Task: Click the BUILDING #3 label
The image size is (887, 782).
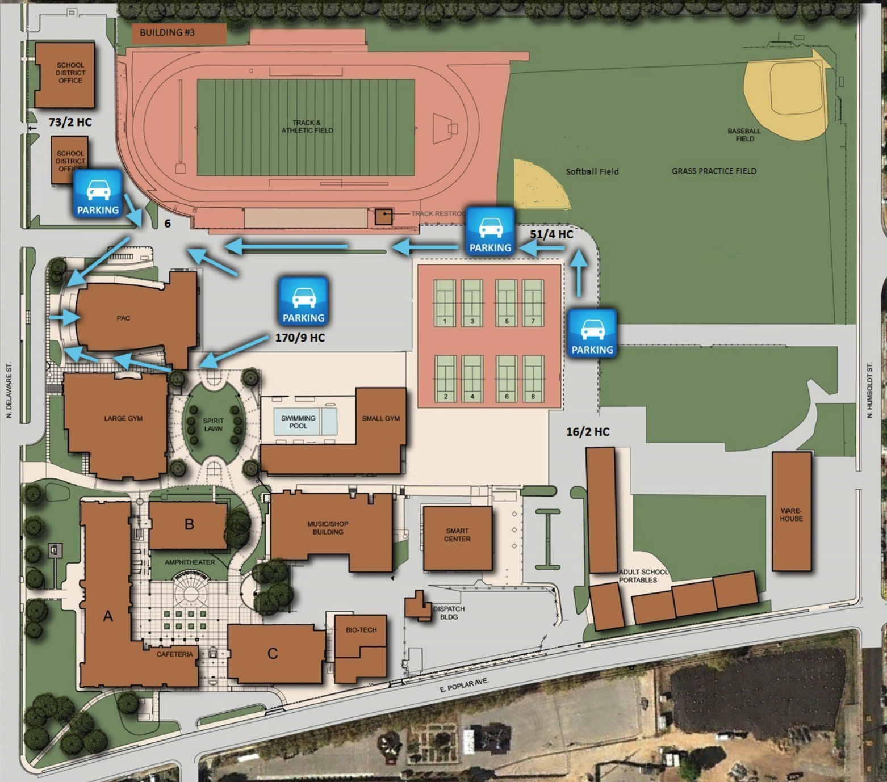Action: [x=167, y=32]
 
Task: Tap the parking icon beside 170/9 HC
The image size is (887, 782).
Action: [x=304, y=301]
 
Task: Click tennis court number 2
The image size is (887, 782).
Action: [x=446, y=377]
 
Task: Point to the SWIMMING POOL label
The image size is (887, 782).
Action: [x=298, y=422]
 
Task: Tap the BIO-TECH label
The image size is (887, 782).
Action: [x=361, y=630]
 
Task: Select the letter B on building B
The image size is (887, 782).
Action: [x=190, y=524]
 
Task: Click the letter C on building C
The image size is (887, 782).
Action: [x=273, y=654]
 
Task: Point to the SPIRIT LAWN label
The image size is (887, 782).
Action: [x=213, y=424]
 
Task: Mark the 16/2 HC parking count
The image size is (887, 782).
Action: [x=588, y=432]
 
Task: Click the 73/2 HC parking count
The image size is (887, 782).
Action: [x=70, y=122]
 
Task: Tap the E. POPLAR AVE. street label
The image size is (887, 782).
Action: [x=464, y=685]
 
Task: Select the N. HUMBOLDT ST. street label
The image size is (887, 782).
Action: [x=869, y=390]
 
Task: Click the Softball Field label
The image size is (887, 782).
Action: [x=592, y=171]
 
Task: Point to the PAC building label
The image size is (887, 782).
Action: [x=123, y=318]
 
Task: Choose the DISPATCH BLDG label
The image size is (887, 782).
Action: [x=449, y=613]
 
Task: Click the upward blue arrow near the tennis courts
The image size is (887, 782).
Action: [x=579, y=274]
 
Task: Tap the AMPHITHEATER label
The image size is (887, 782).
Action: [x=190, y=562]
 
